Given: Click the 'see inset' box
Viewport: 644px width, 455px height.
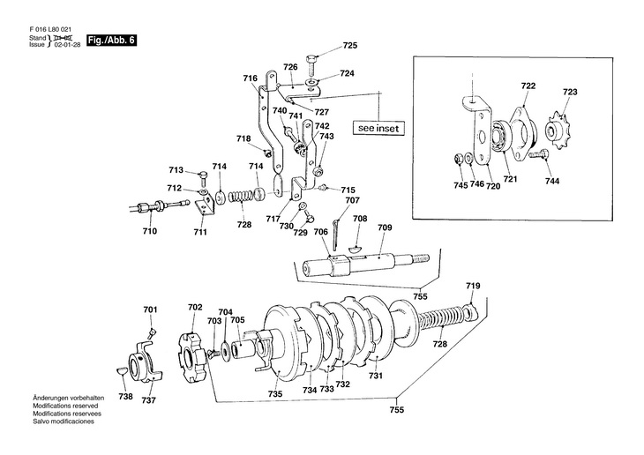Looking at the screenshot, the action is [x=378, y=128].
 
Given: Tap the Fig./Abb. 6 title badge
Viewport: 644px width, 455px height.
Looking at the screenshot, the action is [x=111, y=41].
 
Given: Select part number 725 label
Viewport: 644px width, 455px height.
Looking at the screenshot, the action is [x=350, y=46].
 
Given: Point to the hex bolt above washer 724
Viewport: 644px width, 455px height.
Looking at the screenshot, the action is [x=311, y=63].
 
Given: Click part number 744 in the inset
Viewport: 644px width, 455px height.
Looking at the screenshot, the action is [x=552, y=181].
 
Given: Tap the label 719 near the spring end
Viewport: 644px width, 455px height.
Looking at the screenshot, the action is [x=473, y=286].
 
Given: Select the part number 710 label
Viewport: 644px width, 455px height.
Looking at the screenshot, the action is [x=149, y=231].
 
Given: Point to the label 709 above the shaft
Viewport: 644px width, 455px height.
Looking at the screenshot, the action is [x=385, y=227].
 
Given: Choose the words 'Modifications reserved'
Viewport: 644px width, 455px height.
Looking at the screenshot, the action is [x=65, y=406].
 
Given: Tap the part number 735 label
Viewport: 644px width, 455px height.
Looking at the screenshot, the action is [x=274, y=394].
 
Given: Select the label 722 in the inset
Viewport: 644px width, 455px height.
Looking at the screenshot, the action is [x=528, y=86].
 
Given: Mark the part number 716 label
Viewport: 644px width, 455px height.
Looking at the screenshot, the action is [x=251, y=78].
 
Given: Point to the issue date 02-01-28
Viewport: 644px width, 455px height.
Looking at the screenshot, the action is [x=67, y=44].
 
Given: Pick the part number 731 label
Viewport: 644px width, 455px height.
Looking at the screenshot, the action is [x=376, y=376].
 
